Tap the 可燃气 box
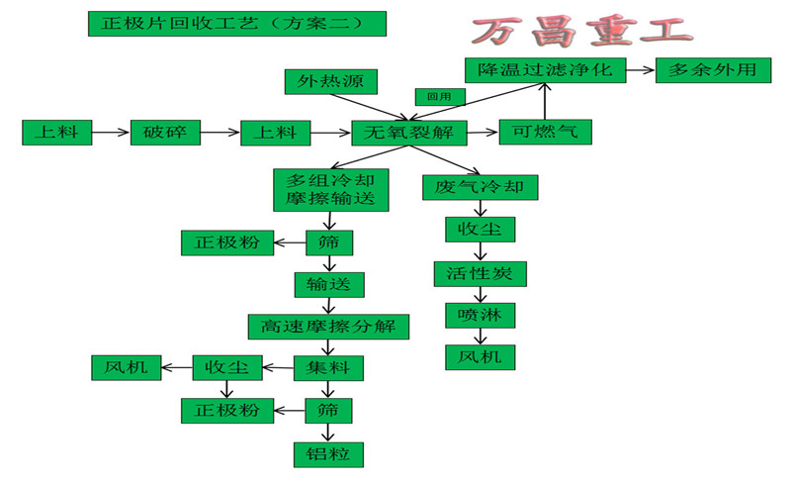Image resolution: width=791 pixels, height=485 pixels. tap(545, 132)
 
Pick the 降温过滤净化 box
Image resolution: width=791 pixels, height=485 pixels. tap(545, 71)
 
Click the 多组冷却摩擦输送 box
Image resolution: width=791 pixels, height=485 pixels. tap(329, 189)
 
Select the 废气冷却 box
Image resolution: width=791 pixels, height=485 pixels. tap(480, 187)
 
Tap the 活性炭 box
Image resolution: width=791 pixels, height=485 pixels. tap(480, 273)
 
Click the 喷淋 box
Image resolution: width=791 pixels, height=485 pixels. tap(480, 315)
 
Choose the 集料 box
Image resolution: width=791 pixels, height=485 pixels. tap(329, 368)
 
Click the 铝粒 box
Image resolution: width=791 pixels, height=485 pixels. tap(329, 453)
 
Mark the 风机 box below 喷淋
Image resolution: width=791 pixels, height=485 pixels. tap(480, 356)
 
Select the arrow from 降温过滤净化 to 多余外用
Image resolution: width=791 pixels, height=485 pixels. tap(639, 71)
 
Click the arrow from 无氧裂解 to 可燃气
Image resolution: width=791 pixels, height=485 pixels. tap(483, 132)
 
